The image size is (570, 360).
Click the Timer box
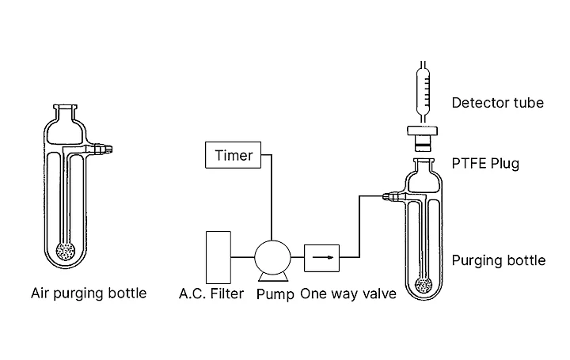tap(234, 155)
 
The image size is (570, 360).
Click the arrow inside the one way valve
tap(321, 256)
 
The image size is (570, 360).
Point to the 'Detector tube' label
tap(497, 102)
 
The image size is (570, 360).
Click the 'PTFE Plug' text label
tap(485, 164)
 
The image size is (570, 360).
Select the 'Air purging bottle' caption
tap(89, 294)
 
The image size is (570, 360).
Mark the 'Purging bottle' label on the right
tap(498, 260)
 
